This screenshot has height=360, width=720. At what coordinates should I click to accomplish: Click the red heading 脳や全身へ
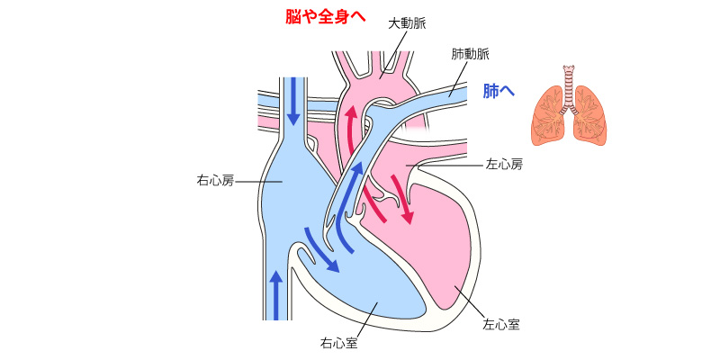[326, 17]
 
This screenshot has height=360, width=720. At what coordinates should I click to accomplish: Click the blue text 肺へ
[499, 91]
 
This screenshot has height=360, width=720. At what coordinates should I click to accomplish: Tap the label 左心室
[501, 325]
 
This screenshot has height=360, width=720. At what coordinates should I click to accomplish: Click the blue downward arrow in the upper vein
[293, 102]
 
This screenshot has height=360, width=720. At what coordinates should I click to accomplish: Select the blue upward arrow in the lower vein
[276, 295]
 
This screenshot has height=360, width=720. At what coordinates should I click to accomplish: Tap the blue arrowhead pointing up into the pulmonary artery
[357, 169]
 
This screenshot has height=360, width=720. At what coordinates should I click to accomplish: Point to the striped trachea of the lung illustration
[570, 90]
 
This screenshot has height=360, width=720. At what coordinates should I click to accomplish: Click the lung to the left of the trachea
[548, 116]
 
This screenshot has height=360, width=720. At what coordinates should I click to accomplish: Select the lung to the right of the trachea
[590, 116]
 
